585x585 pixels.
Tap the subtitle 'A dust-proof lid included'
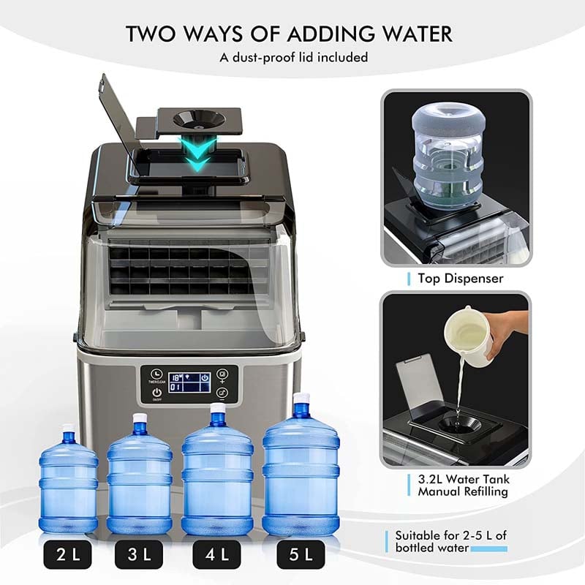(x=292, y=56)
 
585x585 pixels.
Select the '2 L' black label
(x=67, y=555)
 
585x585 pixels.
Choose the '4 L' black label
(x=217, y=555)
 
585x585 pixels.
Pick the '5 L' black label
(x=300, y=555)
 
